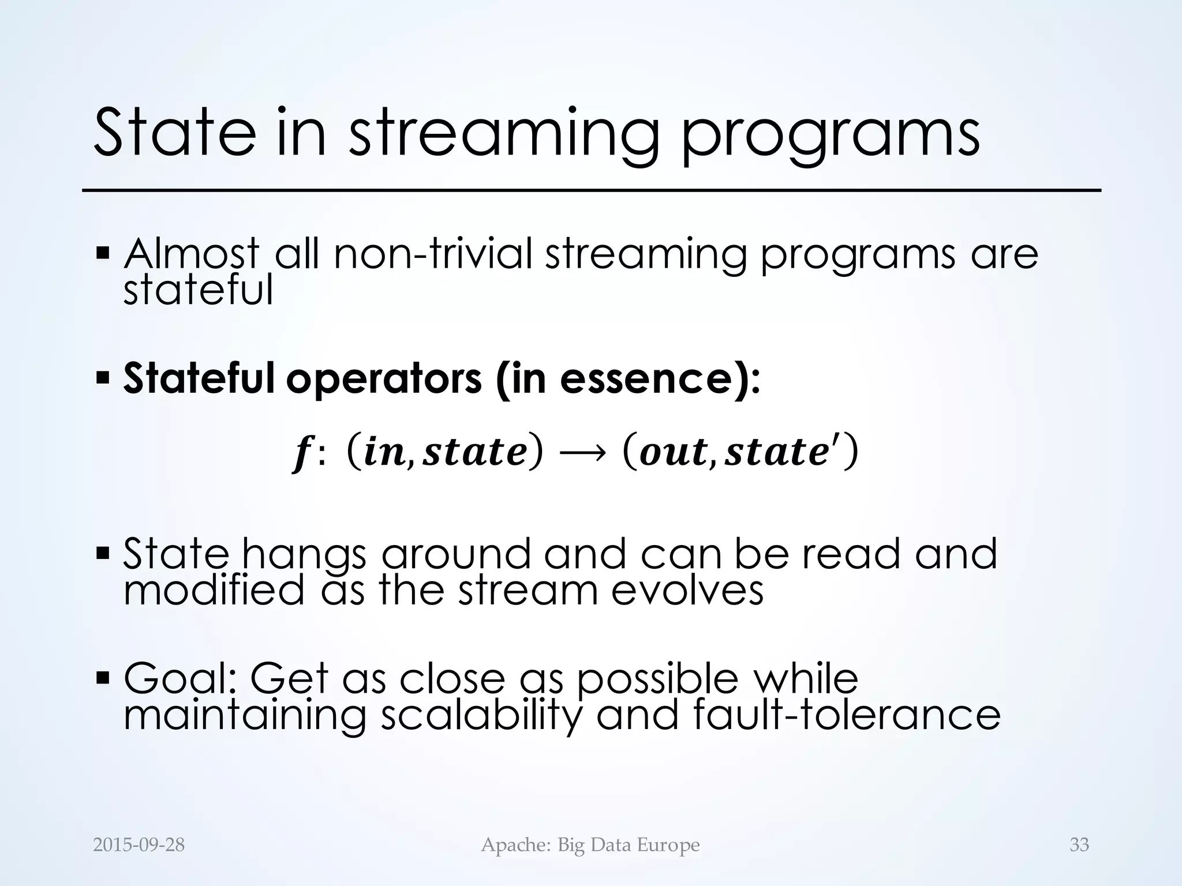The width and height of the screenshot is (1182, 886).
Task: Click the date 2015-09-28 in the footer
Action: tap(139, 845)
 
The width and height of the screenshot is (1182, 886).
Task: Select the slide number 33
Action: tap(1079, 845)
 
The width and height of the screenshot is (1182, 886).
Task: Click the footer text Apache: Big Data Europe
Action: tap(590, 845)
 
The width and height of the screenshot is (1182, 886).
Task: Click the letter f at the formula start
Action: tap(300, 453)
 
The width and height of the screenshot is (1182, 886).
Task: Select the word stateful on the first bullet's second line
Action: tap(198, 290)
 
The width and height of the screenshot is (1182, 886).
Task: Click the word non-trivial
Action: tap(432, 254)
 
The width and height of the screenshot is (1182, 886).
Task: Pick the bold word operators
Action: tap(384, 380)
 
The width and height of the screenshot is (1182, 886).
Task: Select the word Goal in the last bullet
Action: tap(179, 678)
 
